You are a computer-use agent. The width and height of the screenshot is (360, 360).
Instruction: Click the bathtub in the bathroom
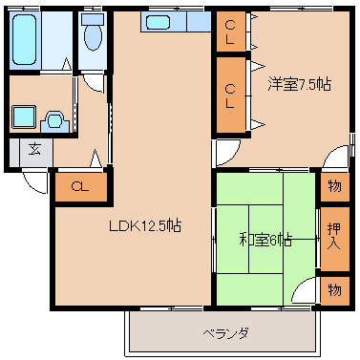(x=27, y=39)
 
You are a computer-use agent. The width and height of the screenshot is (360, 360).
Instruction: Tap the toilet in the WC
(x=93, y=36)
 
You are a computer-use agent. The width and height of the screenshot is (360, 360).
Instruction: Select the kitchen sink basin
(x=159, y=21)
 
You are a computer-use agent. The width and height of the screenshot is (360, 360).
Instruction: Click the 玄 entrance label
(x=33, y=150)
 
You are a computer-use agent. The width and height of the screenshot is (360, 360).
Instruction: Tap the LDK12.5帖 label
(x=144, y=226)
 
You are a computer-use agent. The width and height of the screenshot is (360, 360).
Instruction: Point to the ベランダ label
(x=225, y=333)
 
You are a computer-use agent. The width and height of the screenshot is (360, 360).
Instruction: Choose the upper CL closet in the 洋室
(x=230, y=32)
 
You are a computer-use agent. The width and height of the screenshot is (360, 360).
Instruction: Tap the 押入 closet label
(x=332, y=235)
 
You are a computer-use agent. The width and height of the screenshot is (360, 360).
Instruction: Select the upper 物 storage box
(x=332, y=186)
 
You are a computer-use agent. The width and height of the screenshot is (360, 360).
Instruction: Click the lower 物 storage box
(x=332, y=286)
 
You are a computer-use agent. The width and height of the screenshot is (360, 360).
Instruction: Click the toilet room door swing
(x=94, y=80)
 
